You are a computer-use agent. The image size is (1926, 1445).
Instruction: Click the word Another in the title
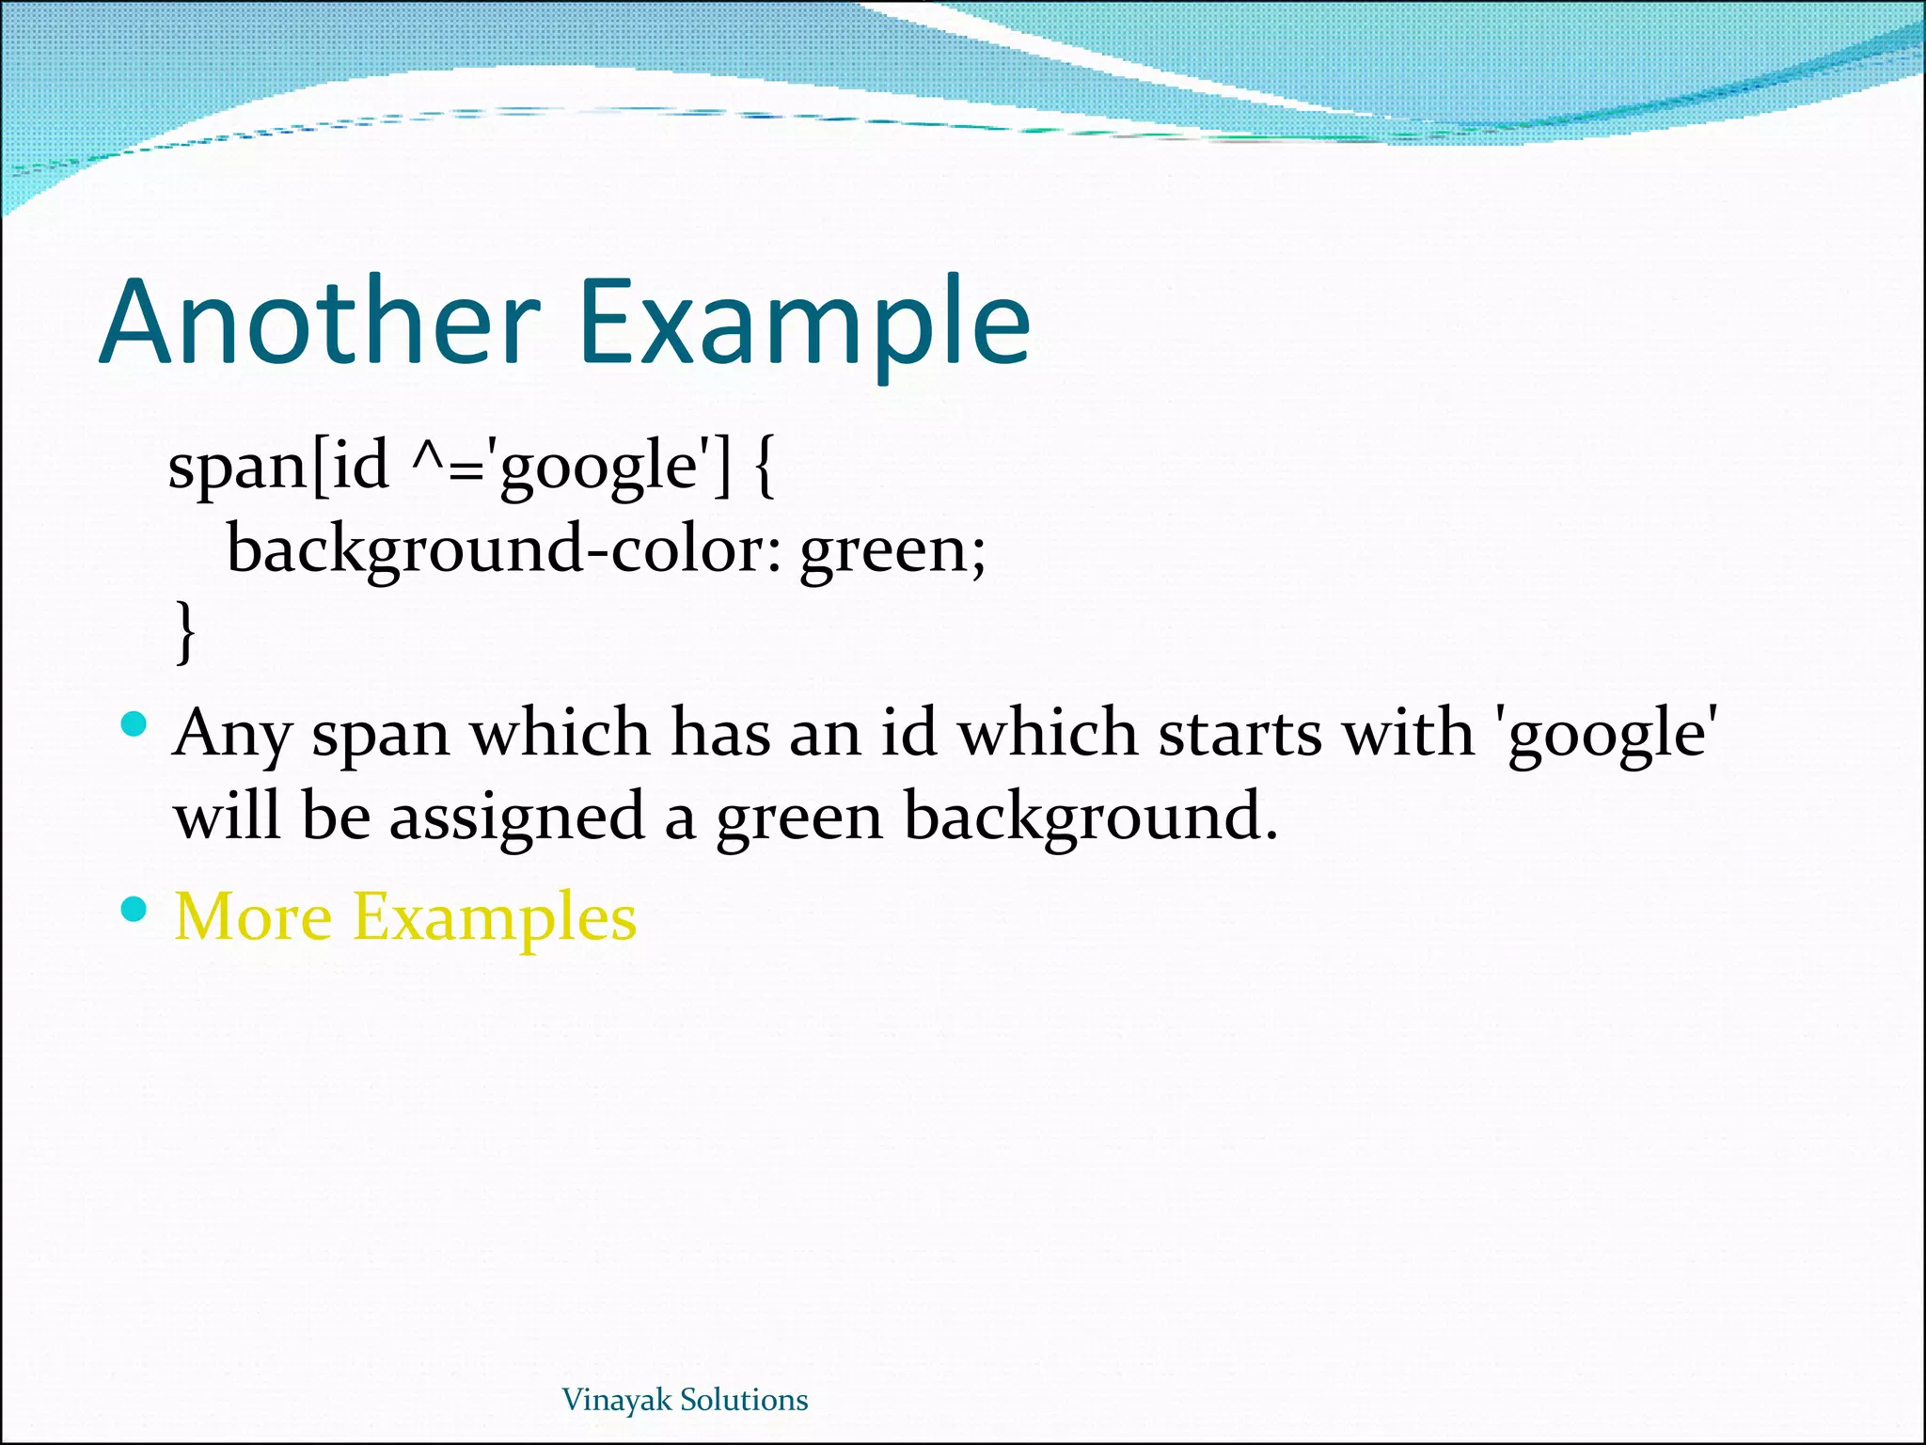[x=320, y=322]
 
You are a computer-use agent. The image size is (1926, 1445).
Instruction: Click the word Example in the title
[x=805, y=322]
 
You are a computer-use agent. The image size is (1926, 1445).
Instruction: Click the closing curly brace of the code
[x=186, y=632]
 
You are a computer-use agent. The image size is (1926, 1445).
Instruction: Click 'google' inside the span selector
[x=603, y=468]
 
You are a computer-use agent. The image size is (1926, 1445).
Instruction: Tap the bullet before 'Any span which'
[x=135, y=724]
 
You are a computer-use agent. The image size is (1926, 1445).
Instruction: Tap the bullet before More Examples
[x=135, y=909]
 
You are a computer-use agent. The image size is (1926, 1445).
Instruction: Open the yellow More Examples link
[x=405, y=916]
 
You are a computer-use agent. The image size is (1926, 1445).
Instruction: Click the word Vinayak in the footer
[x=617, y=1400]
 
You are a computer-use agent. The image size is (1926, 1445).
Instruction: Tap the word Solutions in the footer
[x=744, y=1400]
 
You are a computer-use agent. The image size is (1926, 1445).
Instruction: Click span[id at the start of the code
[x=278, y=468]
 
